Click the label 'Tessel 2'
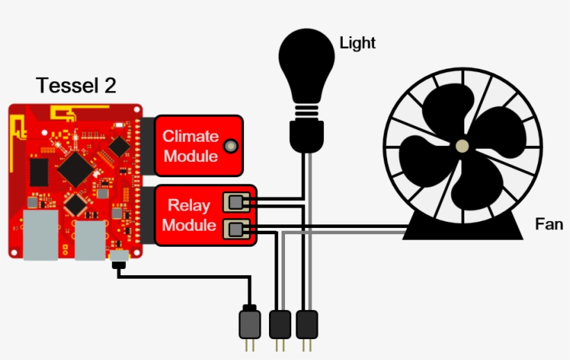pyautogui.click(x=76, y=85)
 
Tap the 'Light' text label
pyautogui.click(x=357, y=43)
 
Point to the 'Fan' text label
pyautogui.click(x=548, y=224)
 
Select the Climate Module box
pyautogui.click(x=199, y=145)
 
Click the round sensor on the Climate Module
pyautogui.click(x=230, y=145)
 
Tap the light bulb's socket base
pyautogui.click(x=306, y=134)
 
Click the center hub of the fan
pyautogui.click(x=462, y=146)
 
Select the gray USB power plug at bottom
pyautogui.click(x=250, y=324)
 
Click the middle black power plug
pyautogui.click(x=279, y=324)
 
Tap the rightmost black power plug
pyautogui.click(x=307, y=324)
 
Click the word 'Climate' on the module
pyautogui.click(x=190, y=136)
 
